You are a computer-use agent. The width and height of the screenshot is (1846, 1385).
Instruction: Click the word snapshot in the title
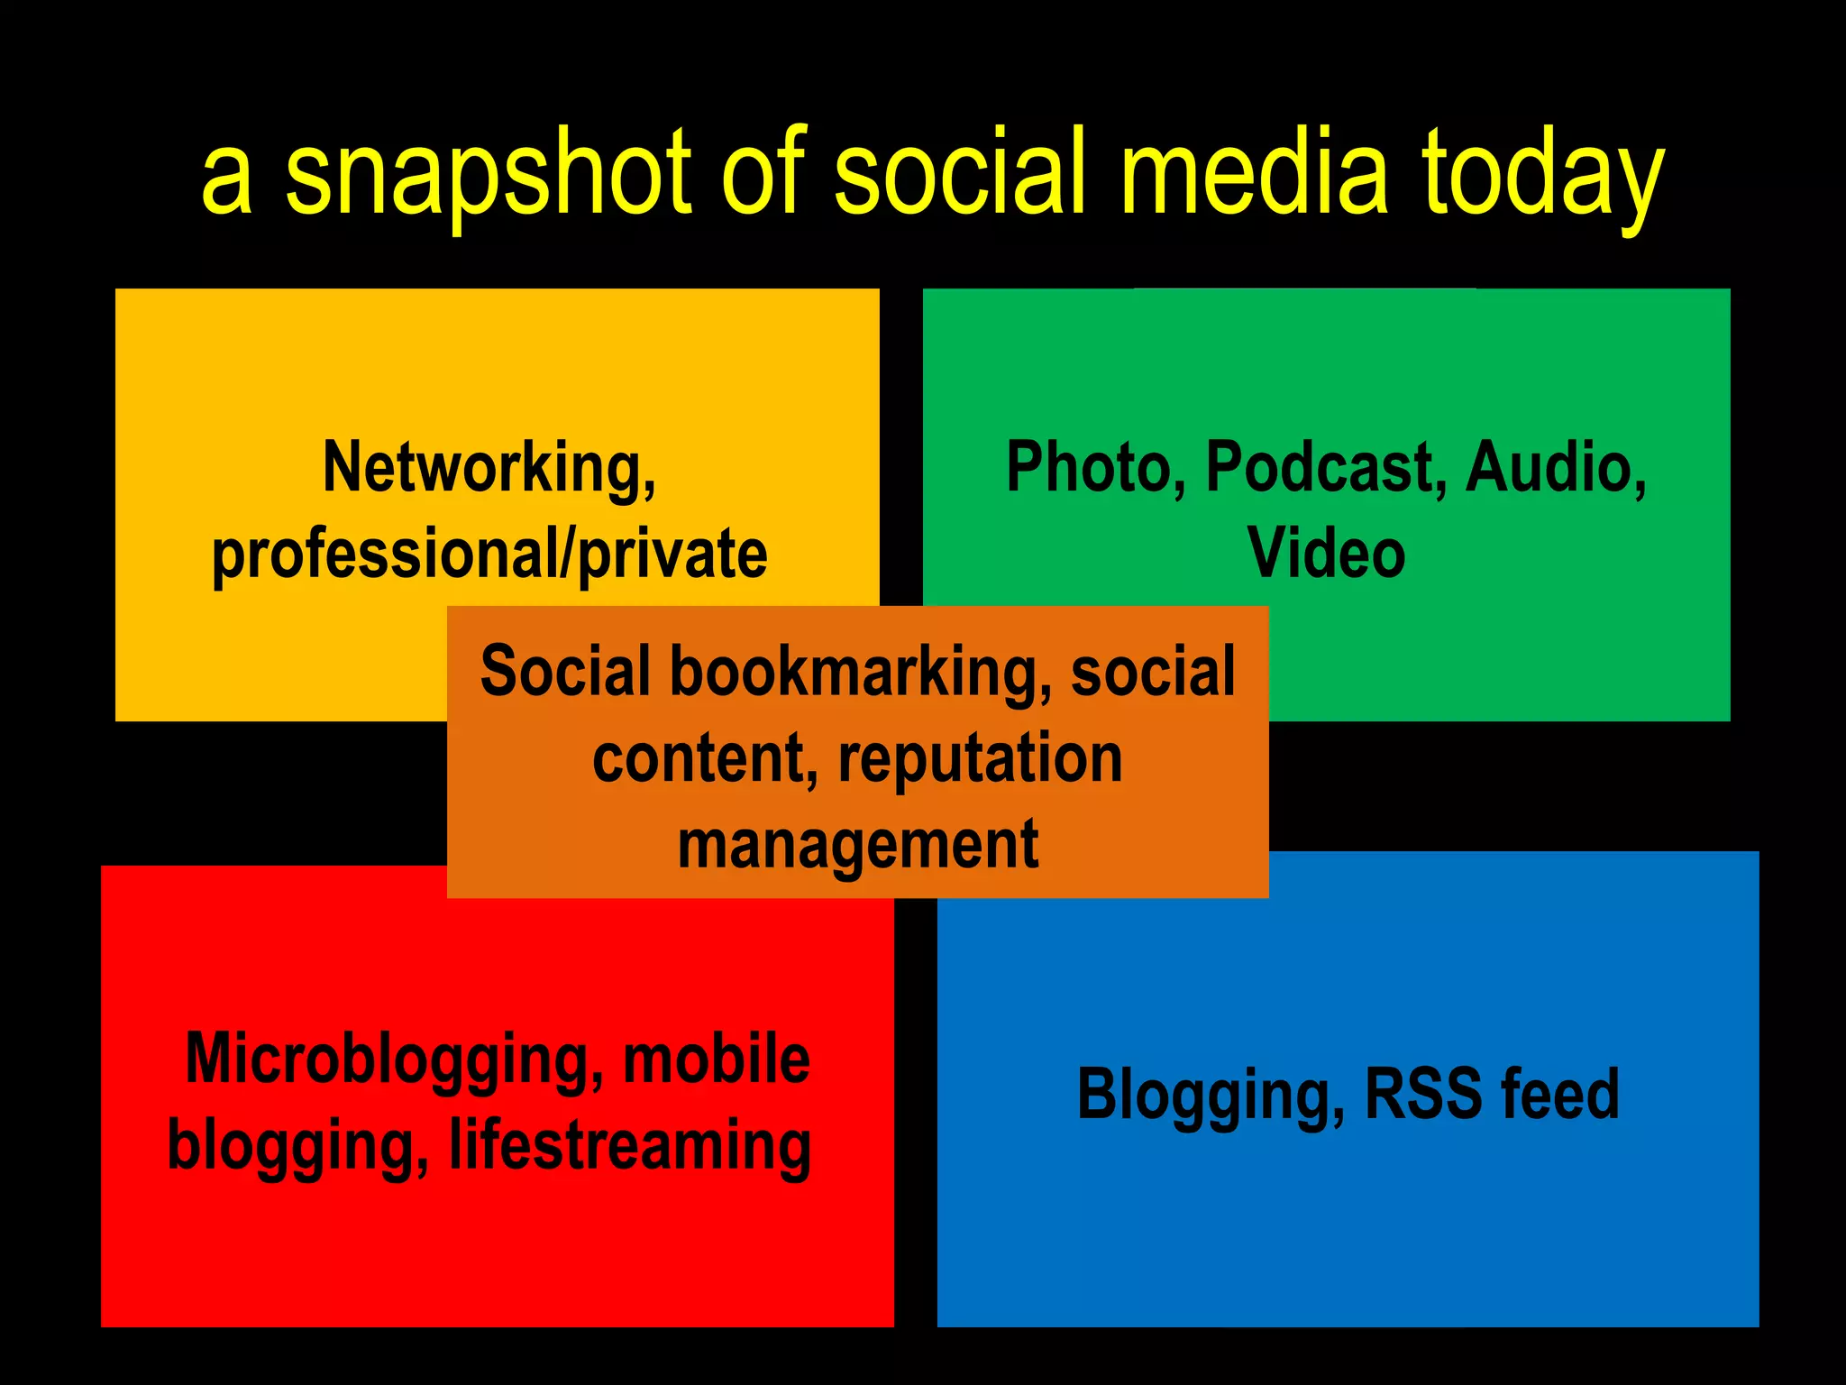(x=487, y=176)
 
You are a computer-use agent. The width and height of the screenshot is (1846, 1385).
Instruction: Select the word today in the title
(x=1542, y=176)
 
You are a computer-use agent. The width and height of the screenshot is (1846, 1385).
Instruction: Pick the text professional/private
(x=489, y=554)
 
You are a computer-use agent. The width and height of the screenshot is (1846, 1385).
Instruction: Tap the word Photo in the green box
(x=1095, y=469)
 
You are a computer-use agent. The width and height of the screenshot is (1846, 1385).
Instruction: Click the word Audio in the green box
(x=1556, y=469)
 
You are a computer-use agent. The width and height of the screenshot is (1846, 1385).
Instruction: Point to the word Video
(x=1326, y=552)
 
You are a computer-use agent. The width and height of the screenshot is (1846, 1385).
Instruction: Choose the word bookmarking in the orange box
(x=860, y=673)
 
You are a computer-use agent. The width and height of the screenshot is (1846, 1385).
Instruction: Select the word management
(x=858, y=846)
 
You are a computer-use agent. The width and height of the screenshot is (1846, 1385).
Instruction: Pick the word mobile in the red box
(x=717, y=1059)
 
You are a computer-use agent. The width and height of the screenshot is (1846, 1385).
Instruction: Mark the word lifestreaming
(x=630, y=1145)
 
